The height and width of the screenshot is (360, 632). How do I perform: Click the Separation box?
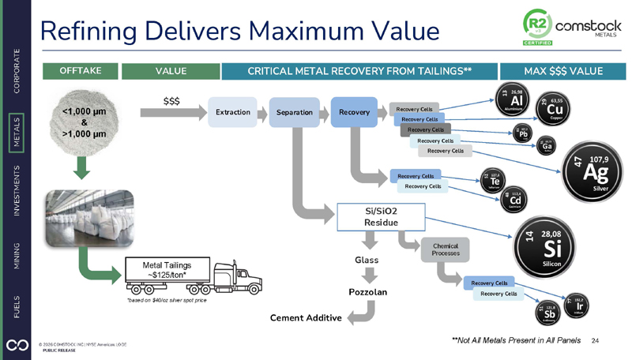[x=294, y=112]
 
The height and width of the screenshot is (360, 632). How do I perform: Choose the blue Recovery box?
[x=354, y=112]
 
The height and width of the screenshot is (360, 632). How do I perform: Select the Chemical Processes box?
[x=446, y=251]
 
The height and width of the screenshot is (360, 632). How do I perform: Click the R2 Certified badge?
[x=537, y=28]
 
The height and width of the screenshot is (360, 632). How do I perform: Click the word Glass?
[x=367, y=258]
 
